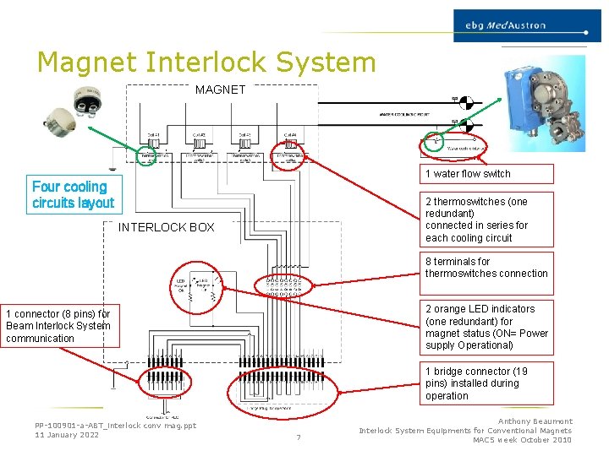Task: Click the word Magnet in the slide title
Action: click(x=87, y=62)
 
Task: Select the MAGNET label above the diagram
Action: click(x=220, y=90)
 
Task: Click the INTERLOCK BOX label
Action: click(x=166, y=227)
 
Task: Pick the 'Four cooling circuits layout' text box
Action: click(x=73, y=195)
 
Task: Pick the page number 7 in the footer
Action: click(x=299, y=437)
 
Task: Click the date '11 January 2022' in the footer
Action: click(x=67, y=435)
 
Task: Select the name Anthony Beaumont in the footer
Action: click(x=535, y=421)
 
